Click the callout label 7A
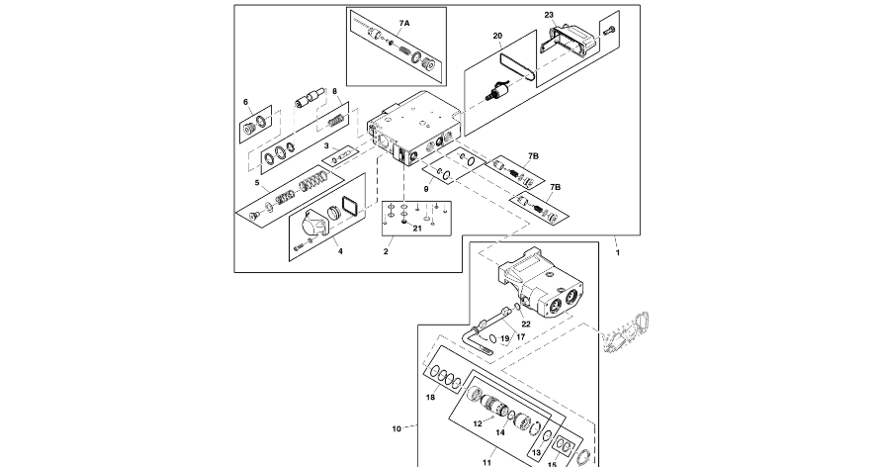pyautogui.click(x=404, y=22)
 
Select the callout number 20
pyautogui.click(x=498, y=36)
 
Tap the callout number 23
pyautogui.click(x=549, y=15)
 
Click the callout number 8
pyautogui.click(x=335, y=92)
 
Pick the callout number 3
pyautogui.click(x=313, y=146)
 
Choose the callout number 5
pyautogui.click(x=258, y=182)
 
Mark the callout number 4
pyautogui.click(x=340, y=251)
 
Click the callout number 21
pyautogui.click(x=417, y=228)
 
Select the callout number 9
pyautogui.click(x=427, y=188)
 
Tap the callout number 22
pyautogui.click(x=526, y=324)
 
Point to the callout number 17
pyautogui.click(x=520, y=336)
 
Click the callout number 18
pyautogui.click(x=431, y=397)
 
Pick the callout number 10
pyautogui.click(x=397, y=428)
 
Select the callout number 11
pyautogui.click(x=486, y=461)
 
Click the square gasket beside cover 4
pyautogui.click(x=346, y=211)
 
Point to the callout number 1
pyautogui.click(x=618, y=251)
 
